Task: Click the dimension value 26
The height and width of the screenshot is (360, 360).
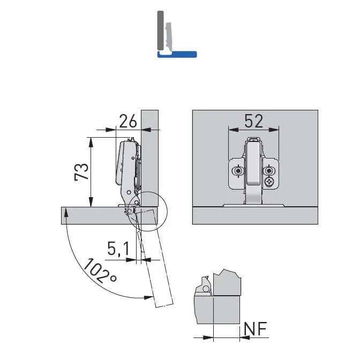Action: [x=128, y=122]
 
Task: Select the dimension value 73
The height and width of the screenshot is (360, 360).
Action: [x=81, y=172]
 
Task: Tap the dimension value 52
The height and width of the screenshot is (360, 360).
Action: [x=253, y=121]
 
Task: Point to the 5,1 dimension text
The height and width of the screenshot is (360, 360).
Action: [x=118, y=249]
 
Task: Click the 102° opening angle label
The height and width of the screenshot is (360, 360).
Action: [x=100, y=271]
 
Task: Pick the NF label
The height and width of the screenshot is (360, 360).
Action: [x=255, y=329]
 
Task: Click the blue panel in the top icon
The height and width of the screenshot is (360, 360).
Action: [x=177, y=54]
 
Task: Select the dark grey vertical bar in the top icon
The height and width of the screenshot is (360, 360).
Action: [x=160, y=31]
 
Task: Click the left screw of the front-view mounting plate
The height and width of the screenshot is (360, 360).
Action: [x=238, y=171]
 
